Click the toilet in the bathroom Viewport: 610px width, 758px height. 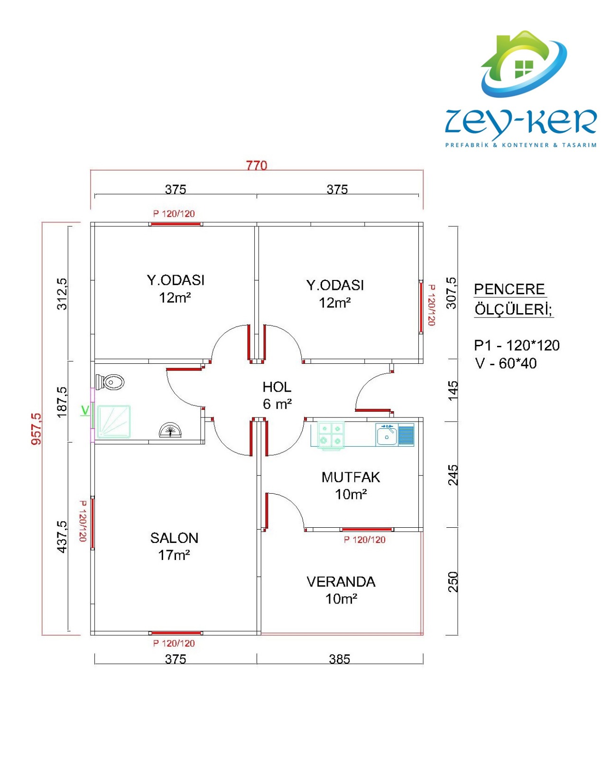tap(110, 382)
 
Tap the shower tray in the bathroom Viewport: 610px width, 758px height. tap(113, 422)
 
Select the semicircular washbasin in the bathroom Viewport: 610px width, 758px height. tap(170, 430)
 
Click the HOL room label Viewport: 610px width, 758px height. tap(277, 388)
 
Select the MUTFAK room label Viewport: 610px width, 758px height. tap(351, 477)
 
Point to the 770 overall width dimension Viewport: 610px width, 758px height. tap(257, 165)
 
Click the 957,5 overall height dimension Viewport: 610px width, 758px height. tap(37, 429)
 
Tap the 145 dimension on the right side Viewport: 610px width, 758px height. tap(453, 390)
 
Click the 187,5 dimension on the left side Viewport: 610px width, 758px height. tap(62, 402)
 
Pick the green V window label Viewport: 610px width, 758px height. tap(85, 410)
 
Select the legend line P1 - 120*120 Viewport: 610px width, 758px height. tap(517, 345)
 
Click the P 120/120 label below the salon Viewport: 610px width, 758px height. tap(174, 643)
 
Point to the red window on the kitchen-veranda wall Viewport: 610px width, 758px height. tap(367, 529)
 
